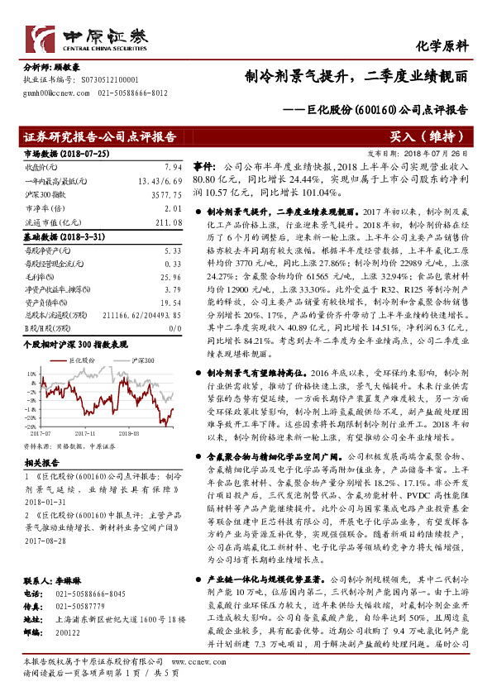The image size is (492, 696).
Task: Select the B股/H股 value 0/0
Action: [x=174, y=327]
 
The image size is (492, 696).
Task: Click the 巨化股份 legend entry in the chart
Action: [x=76, y=361]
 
